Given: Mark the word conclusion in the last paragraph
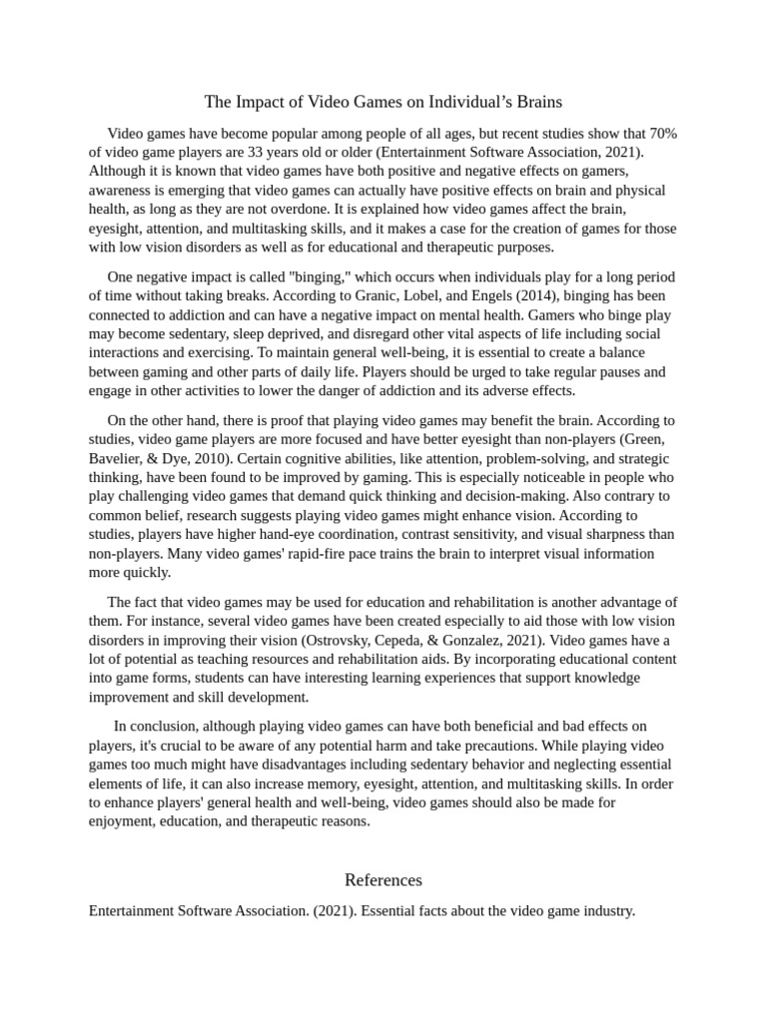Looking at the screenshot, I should click(162, 726).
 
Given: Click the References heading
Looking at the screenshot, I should click(383, 879).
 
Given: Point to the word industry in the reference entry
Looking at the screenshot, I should click(605, 910).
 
